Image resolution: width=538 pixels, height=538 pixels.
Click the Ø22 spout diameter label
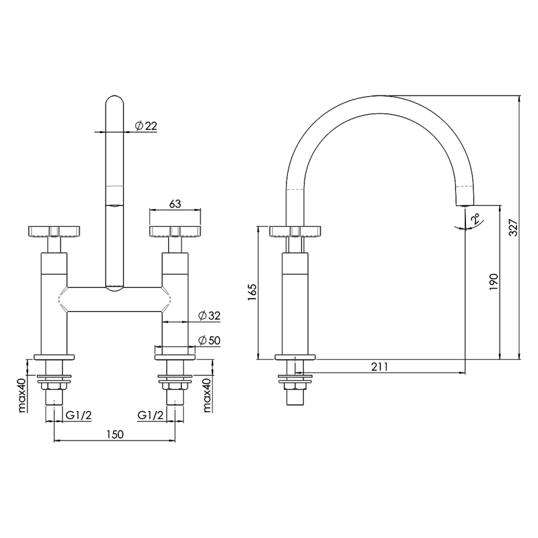click(146, 126)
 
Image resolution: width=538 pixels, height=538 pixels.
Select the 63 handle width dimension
click(175, 204)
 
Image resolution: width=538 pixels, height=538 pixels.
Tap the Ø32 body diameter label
click(209, 315)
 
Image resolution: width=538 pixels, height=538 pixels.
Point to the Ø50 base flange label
click(209, 340)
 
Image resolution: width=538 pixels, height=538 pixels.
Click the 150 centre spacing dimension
click(114, 434)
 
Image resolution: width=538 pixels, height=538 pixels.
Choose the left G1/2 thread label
click(79, 416)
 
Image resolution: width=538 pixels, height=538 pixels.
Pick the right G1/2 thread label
click(151, 416)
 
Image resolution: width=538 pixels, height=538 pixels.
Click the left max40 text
click(22, 395)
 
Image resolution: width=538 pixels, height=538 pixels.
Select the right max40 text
click(207, 395)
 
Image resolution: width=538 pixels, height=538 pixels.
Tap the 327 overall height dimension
click(513, 227)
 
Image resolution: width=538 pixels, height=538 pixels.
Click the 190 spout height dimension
click(494, 282)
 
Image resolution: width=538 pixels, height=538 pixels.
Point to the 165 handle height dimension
click(252, 293)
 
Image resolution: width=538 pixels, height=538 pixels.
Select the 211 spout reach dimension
click(379, 367)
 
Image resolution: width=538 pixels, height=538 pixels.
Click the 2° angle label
click(475, 219)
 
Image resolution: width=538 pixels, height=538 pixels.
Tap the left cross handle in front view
click(54, 231)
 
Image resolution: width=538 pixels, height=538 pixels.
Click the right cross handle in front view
click(175, 231)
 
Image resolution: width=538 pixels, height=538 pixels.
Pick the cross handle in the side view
click(295, 231)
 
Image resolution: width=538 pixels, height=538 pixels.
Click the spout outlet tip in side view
click(465, 205)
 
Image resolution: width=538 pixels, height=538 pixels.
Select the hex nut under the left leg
click(54, 387)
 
